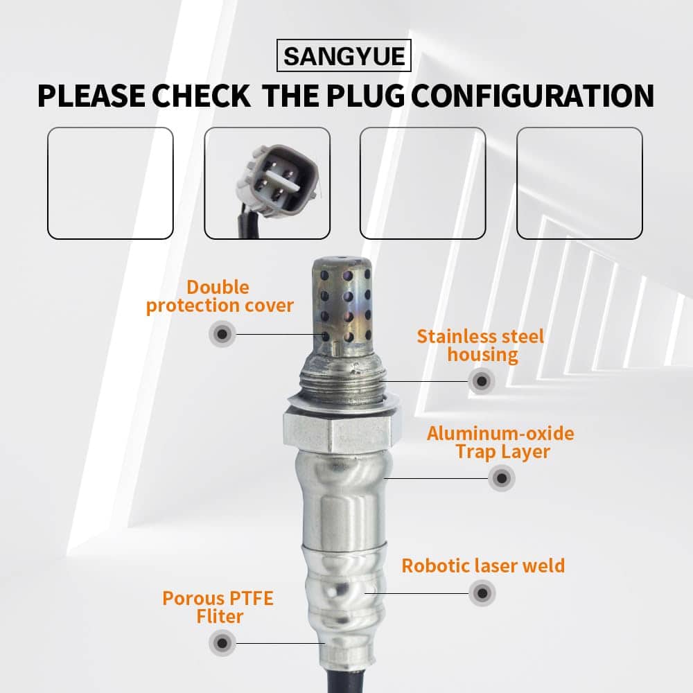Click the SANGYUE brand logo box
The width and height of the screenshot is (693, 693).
pos(344,55)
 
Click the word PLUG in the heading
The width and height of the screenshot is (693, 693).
pos(365,96)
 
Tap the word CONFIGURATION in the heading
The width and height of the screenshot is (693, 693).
pos(533,96)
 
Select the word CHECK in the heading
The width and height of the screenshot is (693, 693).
pos(201,96)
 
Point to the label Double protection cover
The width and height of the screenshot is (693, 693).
pos(220,297)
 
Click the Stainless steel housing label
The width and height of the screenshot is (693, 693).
pos(481,346)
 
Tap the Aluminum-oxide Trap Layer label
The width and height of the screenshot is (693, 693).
pos(501,442)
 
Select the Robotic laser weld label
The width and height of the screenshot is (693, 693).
pos(483,565)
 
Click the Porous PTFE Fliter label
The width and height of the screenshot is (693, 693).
pos(218,607)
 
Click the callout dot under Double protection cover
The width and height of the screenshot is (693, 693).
pos(222,334)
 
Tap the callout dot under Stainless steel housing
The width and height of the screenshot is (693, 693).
pos(482,381)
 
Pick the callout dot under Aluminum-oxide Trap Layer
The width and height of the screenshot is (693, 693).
pos(502,477)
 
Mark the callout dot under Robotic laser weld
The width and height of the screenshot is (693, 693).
pos(482,593)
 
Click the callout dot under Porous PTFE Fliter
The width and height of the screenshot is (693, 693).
pos(222,643)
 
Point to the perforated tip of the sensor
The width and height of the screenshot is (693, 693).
pos(341,305)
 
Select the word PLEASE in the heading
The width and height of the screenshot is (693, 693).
pos(91,96)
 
